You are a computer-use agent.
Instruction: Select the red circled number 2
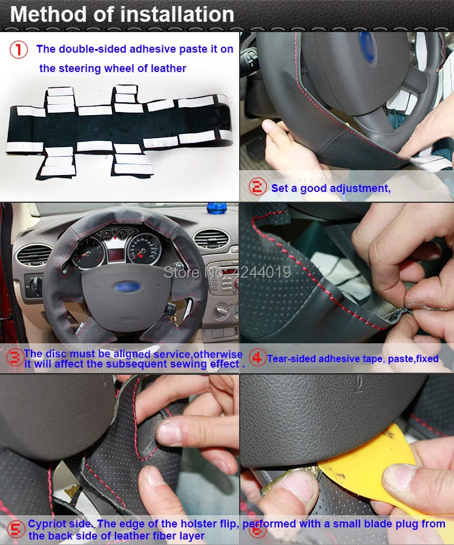[x=258, y=188]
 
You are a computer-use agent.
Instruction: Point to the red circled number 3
[x=15, y=358]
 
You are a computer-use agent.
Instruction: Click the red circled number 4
[x=257, y=358]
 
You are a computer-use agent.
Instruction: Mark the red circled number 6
[x=258, y=529]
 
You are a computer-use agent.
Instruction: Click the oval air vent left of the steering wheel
[x=34, y=254]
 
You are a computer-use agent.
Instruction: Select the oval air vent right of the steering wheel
[x=211, y=238]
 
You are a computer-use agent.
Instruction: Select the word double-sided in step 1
[x=85, y=49]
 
